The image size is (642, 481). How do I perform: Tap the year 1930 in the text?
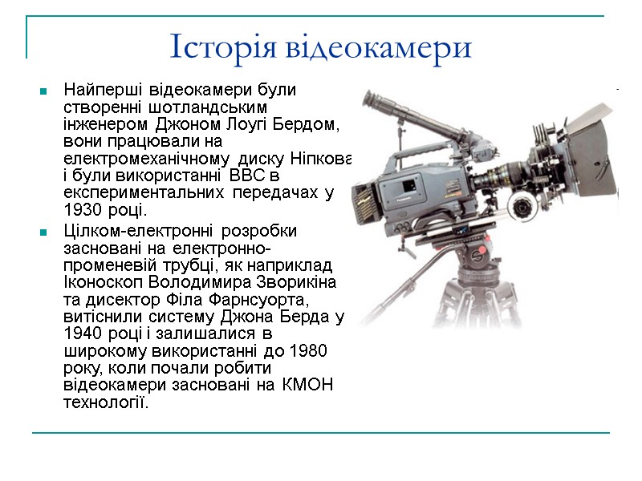coord(82,211)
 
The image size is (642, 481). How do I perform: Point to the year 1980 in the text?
coord(307,350)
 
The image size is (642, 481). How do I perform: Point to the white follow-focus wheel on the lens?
coord(522,207)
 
